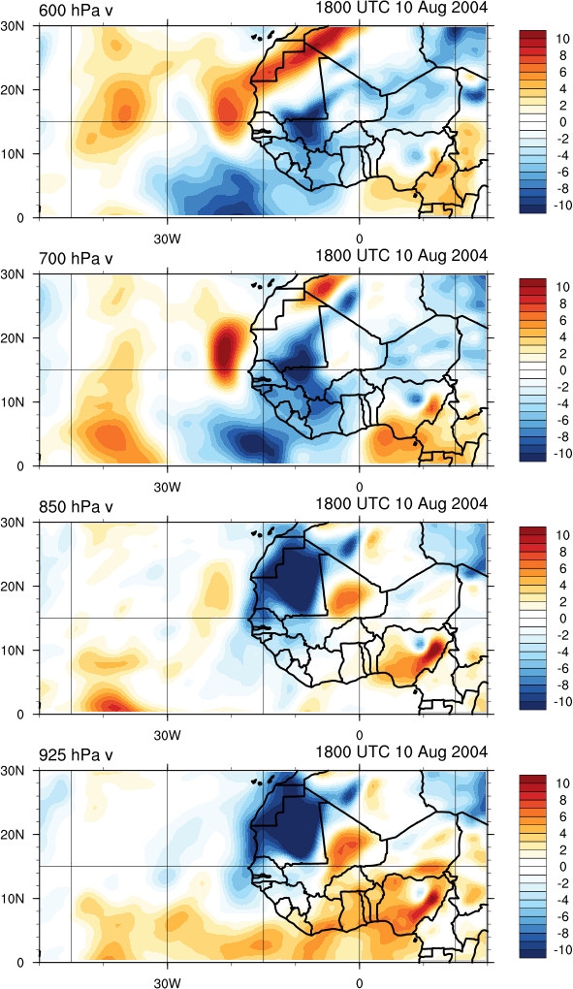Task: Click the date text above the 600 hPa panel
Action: click(x=401, y=8)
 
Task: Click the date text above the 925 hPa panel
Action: click(x=401, y=752)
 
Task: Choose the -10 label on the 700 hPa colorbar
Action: click(x=561, y=454)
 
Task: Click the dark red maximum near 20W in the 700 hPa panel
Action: click(x=225, y=349)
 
